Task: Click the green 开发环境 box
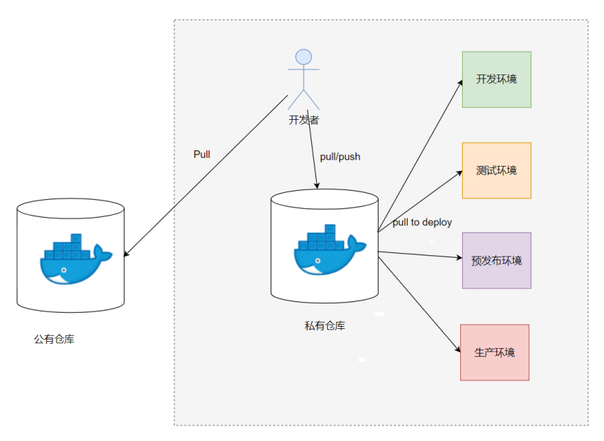pyautogui.click(x=496, y=79)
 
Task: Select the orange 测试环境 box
pyautogui.click(x=496, y=170)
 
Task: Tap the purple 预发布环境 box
pyautogui.click(x=496, y=260)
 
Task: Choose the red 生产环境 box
pyautogui.click(x=494, y=352)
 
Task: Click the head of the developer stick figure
pyautogui.click(x=303, y=57)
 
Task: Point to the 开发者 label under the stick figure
pyautogui.click(x=303, y=120)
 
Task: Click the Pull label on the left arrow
pyautogui.click(x=201, y=154)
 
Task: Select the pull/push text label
pyautogui.click(x=340, y=156)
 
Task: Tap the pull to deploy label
pyautogui.click(x=423, y=222)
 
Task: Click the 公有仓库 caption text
pyautogui.click(x=54, y=339)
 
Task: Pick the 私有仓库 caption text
pyautogui.click(x=325, y=325)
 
